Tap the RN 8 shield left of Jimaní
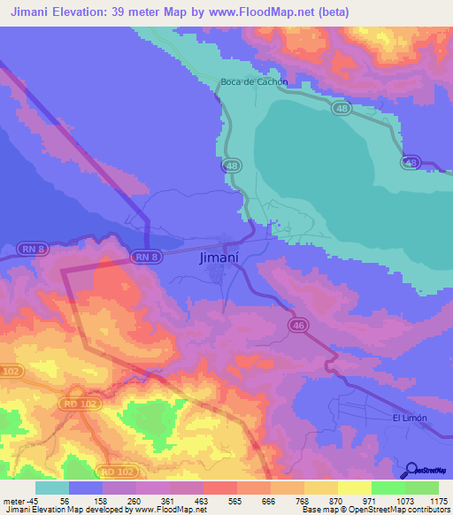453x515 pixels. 147,257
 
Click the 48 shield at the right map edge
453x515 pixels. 410,162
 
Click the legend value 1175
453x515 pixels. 438,501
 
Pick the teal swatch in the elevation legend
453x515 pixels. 51,488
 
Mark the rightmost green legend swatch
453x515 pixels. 421,488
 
